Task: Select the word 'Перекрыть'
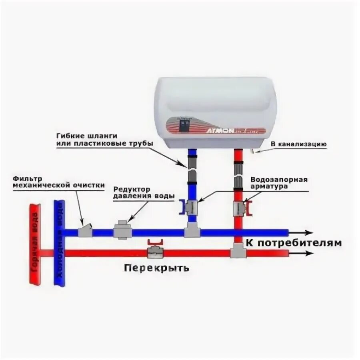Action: pyautogui.click(x=156, y=267)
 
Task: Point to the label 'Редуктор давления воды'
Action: pyautogui.click(x=144, y=192)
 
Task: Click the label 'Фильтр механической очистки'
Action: pyautogui.click(x=59, y=182)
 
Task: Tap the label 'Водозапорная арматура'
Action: pyautogui.click(x=279, y=183)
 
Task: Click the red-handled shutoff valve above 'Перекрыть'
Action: pyautogui.click(x=154, y=250)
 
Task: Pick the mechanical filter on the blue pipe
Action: pyautogui.click(x=84, y=231)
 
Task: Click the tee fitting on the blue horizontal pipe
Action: pyautogui.click(x=192, y=232)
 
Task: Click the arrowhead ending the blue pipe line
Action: pyautogui.click(x=308, y=232)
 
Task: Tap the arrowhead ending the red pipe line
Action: pyautogui.click(x=308, y=253)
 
